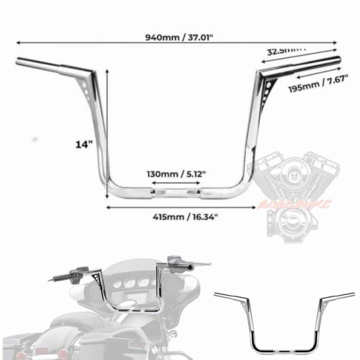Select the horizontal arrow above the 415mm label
coord(180,207)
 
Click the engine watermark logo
coord(292,195)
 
